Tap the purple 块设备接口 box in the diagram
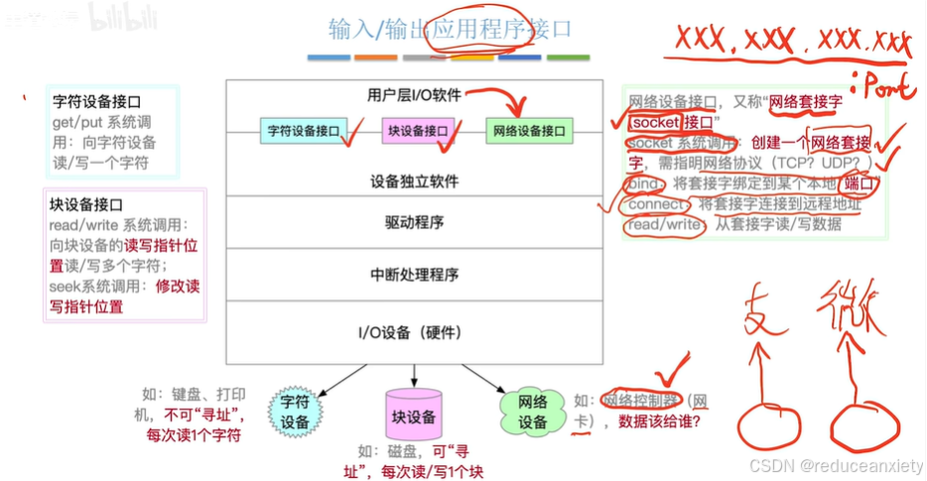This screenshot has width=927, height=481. click(x=418, y=130)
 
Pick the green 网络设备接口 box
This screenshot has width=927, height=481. click(x=530, y=130)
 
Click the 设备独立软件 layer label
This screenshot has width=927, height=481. click(x=414, y=181)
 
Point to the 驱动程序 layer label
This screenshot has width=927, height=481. click(x=414, y=221)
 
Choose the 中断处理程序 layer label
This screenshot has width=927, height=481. click(x=414, y=275)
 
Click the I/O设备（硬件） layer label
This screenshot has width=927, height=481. click(x=414, y=331)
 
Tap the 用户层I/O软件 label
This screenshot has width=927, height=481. click(x=414, y=95)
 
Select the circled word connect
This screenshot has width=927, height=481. click(x=656, y=204)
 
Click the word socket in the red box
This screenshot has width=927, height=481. click(x=656, y=122)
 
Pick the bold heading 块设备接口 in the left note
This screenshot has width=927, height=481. click(x=86, y=205)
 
